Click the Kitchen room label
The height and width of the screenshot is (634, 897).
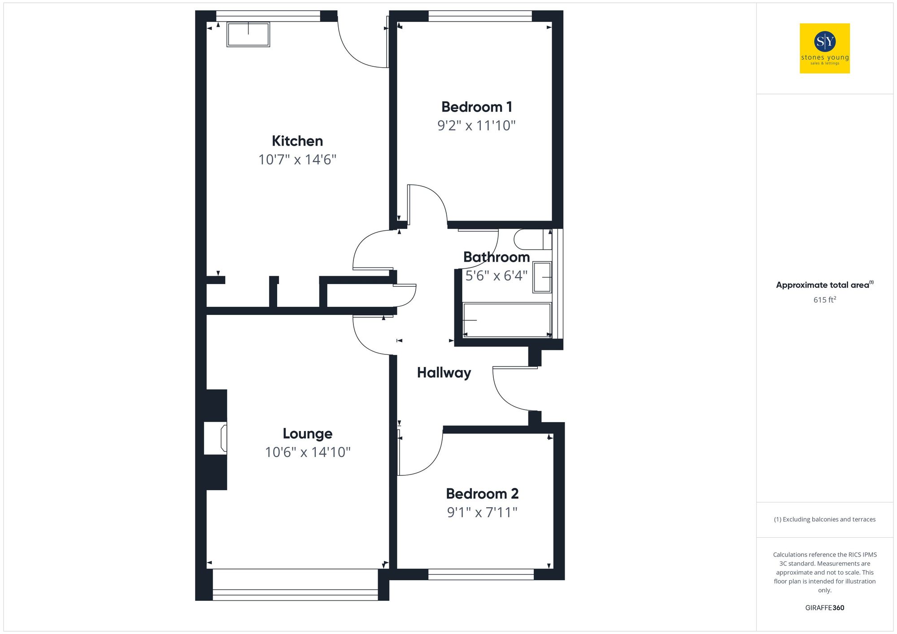coord(297,141)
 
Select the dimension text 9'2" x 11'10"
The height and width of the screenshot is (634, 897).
coord(476,125)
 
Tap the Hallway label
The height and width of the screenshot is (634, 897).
coord(444,373)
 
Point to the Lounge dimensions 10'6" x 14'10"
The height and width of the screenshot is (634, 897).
coord(308,452)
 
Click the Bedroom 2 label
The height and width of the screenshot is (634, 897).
coord(482,494)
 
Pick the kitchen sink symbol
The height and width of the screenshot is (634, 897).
coord(248,35)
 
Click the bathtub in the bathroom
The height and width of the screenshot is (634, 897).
coord(506,320)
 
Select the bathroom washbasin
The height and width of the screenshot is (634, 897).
coord(542,277)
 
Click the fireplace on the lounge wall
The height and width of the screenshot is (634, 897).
coord(216,438)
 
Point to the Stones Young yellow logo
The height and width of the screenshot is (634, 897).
coord(824,48)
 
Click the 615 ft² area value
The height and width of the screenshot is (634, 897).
coord(824,300)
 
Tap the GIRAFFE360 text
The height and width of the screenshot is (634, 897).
coord(824,608)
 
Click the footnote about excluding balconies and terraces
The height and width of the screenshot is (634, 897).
coord(824,519)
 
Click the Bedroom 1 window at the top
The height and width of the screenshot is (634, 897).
coord(480,17)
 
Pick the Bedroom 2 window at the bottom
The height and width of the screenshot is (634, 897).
coord(481,574)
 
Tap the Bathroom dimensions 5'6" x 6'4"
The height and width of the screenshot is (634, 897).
coord(496,276)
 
